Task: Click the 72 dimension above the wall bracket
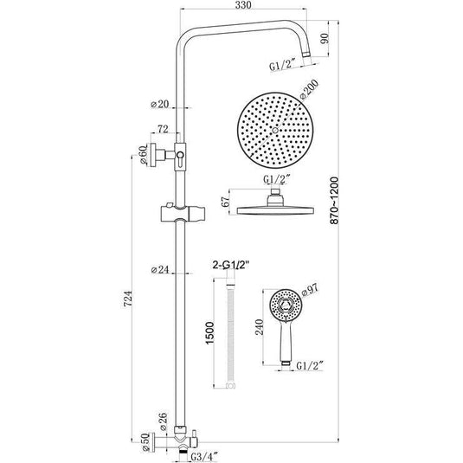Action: pos(160,129)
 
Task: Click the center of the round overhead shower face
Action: pos(273,130)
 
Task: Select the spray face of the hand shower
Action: pos(283,307)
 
